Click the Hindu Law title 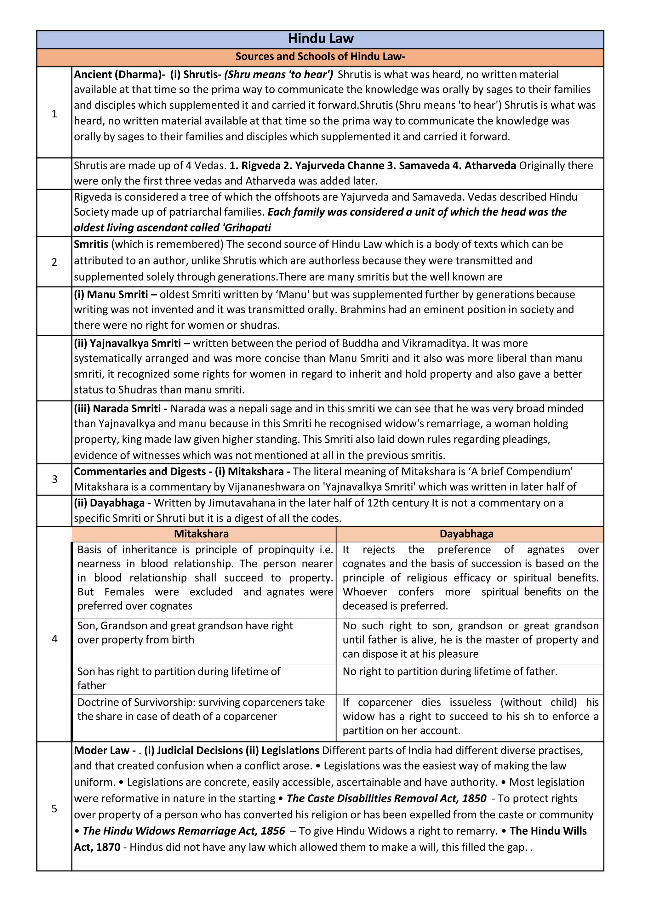tap(320, 39)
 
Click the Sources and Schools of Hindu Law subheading tap(320, 56)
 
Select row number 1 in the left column tap(54, 114)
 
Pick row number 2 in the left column tap(54, 262)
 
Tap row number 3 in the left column tap(54, 479)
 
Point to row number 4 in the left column tap(54, 638)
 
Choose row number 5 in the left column tap(54, 808)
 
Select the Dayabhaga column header tap(466, 534)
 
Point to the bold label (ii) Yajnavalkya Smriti tap(127, 343)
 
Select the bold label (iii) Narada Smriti tap(117, 408)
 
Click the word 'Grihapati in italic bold tap(247, 228)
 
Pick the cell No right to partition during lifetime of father tap(450, 672)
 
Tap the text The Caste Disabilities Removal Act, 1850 tap(386, 798)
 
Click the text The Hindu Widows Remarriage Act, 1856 tap(184, 831)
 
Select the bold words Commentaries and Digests tap(140, 472)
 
